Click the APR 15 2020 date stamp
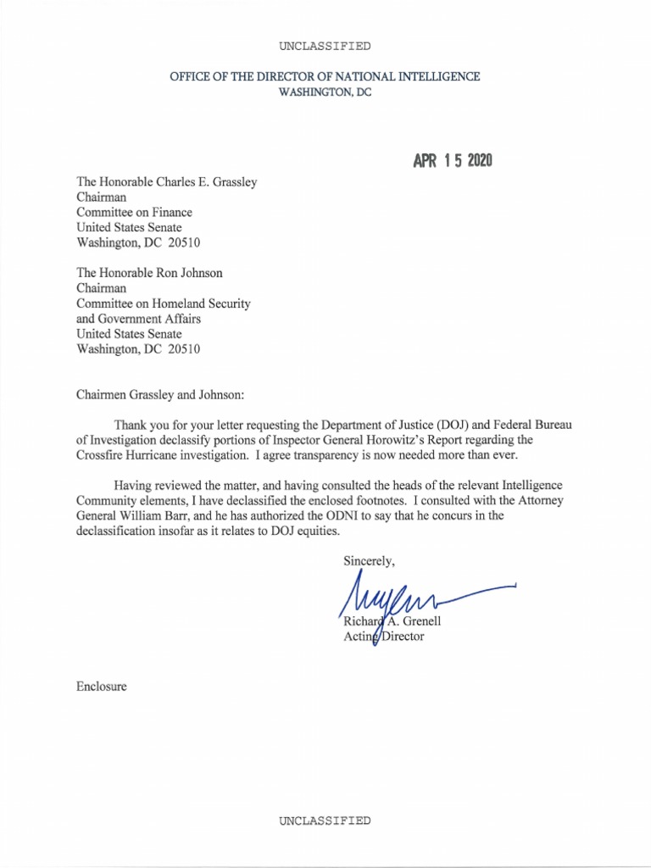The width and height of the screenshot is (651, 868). click(453, 161)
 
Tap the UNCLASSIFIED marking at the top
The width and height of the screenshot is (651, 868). click(325, 46)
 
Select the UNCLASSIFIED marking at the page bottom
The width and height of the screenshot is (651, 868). click(325, 821)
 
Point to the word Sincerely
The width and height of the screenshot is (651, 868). click(369, 560)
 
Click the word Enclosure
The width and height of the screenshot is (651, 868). click(102, 687)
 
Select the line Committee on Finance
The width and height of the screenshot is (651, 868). click(134, 212)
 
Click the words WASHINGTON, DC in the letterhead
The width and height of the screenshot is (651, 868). click(325, 92)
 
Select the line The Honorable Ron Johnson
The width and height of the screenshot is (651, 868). click(149, 273)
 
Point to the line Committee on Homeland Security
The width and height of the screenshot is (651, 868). click(164, 303)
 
